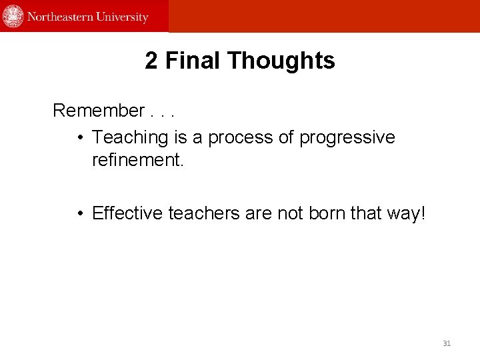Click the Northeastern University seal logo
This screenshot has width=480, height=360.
[x=13, y=16]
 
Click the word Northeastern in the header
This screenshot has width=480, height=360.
[x=61, y=17]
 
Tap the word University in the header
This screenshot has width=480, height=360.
[x=123, y=17]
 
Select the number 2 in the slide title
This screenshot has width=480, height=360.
[x=151, y=61]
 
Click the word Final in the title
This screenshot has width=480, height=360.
[x=193, y=61]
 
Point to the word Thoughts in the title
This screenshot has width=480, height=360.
[x=281, y=61]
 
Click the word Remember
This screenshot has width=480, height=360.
[x=99, y=110]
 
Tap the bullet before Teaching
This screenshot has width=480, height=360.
[x=79, y=138]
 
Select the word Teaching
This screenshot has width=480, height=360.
[x=130, y=137]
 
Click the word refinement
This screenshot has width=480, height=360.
[x=137, y=160]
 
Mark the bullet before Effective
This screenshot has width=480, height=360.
[x=79, y=214]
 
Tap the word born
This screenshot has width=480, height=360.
[x=326, y=213]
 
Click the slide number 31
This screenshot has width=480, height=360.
[x=447, y=343]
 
